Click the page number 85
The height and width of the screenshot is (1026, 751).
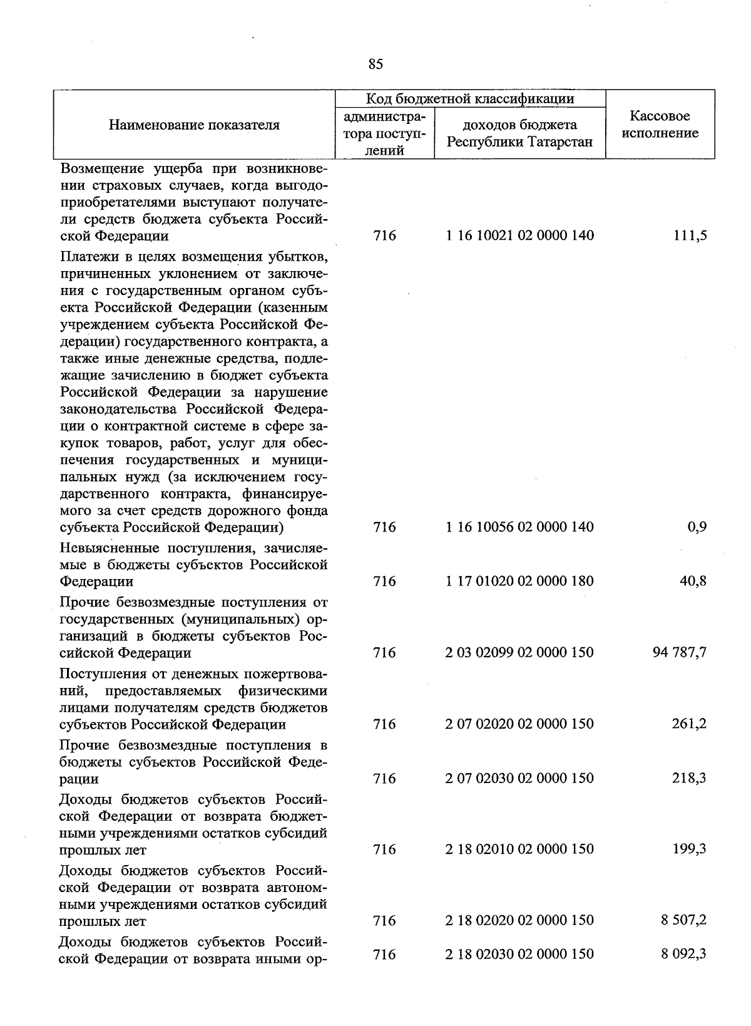coord(375,64)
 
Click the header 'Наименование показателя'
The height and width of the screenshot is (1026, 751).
coord(194,125)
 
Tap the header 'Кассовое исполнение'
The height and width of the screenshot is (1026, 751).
coord(660,125)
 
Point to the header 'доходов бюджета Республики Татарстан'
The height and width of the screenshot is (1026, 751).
coord(519,133)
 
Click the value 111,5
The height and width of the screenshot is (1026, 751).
coord(690,236)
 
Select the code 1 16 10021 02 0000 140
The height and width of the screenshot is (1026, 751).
coord(519,236)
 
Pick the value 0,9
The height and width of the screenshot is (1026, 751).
coord(697,527)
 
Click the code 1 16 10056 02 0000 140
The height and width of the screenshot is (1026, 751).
coord(519,527)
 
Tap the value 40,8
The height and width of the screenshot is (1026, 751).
coord(693,581)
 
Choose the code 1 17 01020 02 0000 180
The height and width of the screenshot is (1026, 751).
coord(519,581)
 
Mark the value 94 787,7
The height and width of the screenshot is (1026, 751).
coord(680,652)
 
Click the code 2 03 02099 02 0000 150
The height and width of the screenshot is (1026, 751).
coord(519,652)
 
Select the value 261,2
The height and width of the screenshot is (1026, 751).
coord(690,724)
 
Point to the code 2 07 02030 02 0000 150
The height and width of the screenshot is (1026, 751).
coord(519,778)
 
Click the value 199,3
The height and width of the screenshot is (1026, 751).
coord(690,849)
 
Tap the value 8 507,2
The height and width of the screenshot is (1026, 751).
coord(684,920)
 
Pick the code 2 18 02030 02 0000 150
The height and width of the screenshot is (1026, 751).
coord(519,954)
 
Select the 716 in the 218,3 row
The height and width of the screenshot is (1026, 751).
coord(384,778)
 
